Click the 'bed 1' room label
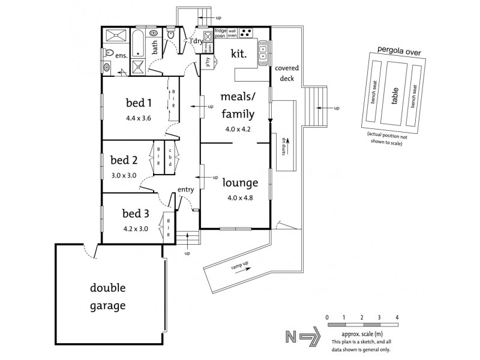point(138,101)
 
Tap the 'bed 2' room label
point(124,160)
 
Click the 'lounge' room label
point(239,183)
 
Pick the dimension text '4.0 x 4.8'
point(239,197)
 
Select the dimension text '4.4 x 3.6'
point(138,118)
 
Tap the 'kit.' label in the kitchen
point(239,53)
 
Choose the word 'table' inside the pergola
point(395,96)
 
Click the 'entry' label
point(185,191)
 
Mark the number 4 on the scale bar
point(397,316)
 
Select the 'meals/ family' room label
point(238,105)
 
